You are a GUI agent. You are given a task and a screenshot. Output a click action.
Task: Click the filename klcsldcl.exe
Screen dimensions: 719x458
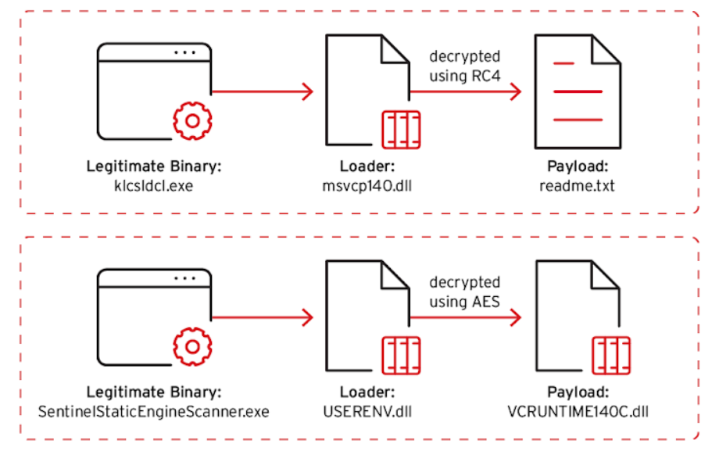(154, 186)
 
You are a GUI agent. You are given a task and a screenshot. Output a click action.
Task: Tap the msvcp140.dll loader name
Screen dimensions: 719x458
(367, 186)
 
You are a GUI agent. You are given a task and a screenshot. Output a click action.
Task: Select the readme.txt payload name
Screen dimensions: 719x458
(577, 186)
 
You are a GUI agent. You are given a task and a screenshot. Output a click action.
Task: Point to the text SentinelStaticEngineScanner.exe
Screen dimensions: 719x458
(154, 412)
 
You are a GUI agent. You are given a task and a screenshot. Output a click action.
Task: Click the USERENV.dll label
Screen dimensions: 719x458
(367, 412)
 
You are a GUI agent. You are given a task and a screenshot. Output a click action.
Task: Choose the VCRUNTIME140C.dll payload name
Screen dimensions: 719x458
(578, 412)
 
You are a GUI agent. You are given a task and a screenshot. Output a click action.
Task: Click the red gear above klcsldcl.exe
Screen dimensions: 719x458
(192, 121)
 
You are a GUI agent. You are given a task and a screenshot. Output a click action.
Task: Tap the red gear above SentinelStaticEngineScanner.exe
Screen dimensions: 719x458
(192, 346)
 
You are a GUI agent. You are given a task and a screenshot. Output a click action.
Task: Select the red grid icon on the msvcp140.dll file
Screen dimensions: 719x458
(401, 130)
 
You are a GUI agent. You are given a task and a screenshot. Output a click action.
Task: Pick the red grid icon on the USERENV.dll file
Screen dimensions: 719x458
(401, 356)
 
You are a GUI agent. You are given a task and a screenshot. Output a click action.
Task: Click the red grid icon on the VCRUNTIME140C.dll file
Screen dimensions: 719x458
(611, 356)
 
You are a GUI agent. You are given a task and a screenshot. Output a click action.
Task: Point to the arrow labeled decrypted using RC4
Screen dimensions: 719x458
(466, 91)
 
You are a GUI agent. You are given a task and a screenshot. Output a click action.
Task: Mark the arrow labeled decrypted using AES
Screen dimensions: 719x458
(466, 317)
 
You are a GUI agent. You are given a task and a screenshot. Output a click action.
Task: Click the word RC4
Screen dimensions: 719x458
(486, 76)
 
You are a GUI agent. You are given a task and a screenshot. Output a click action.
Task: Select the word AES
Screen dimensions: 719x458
(486, 302)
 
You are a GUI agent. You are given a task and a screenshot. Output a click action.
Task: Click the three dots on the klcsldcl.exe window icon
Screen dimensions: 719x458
(184, 52)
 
